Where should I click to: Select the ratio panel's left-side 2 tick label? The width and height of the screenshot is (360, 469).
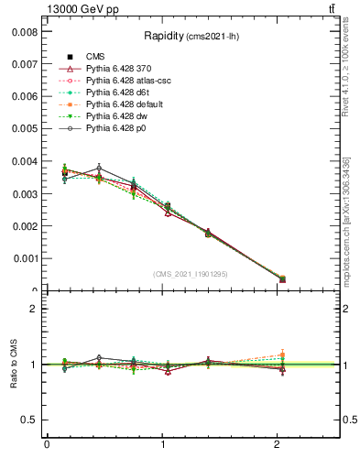pyautogui.click(x=34, y=309)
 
